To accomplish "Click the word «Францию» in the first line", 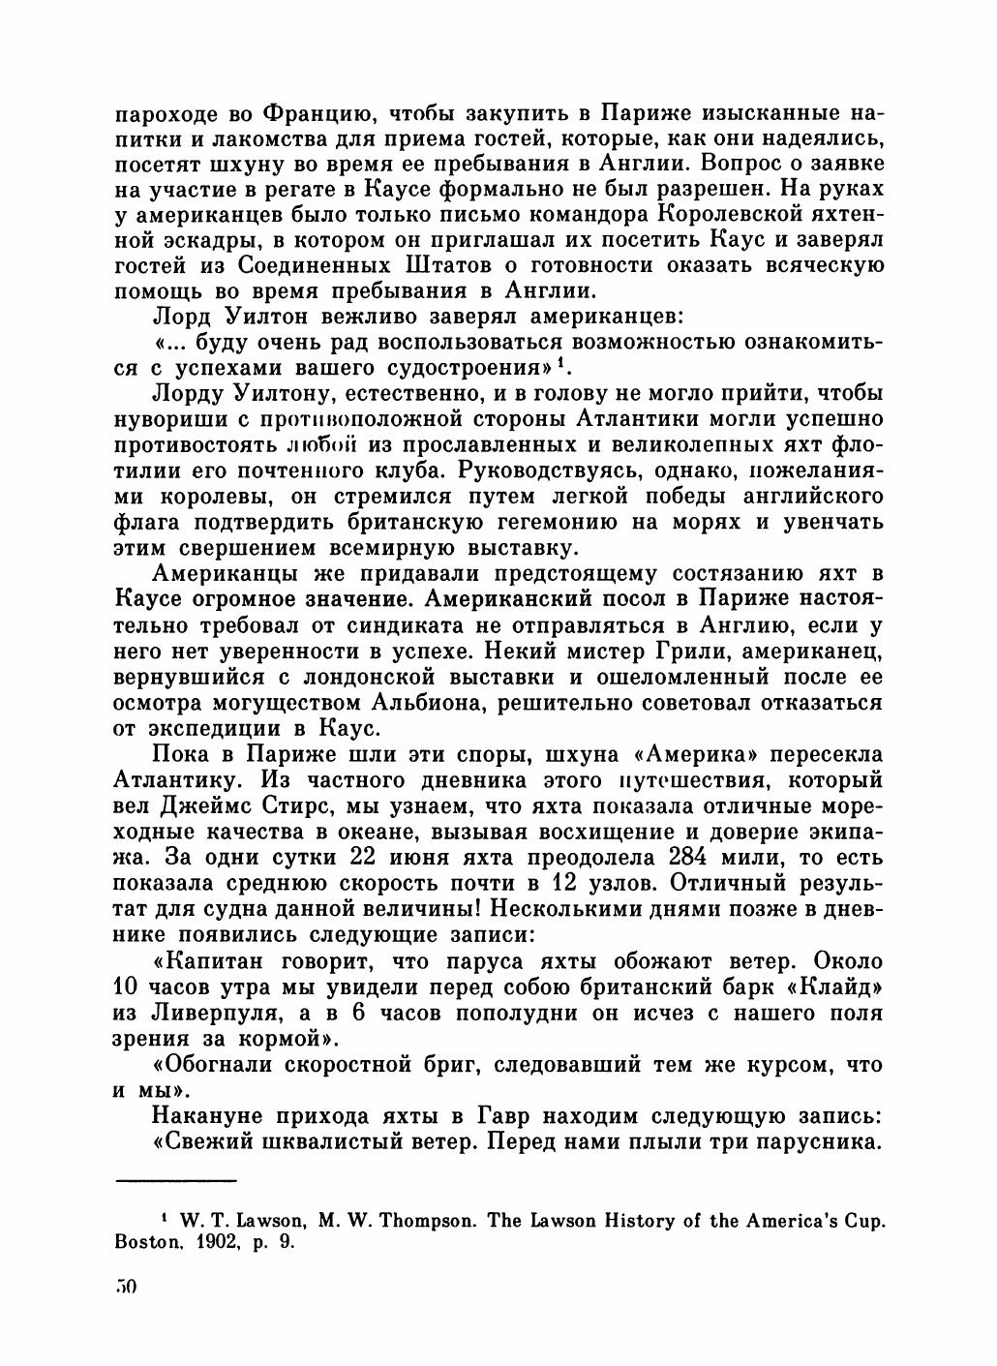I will pos(296,112).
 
